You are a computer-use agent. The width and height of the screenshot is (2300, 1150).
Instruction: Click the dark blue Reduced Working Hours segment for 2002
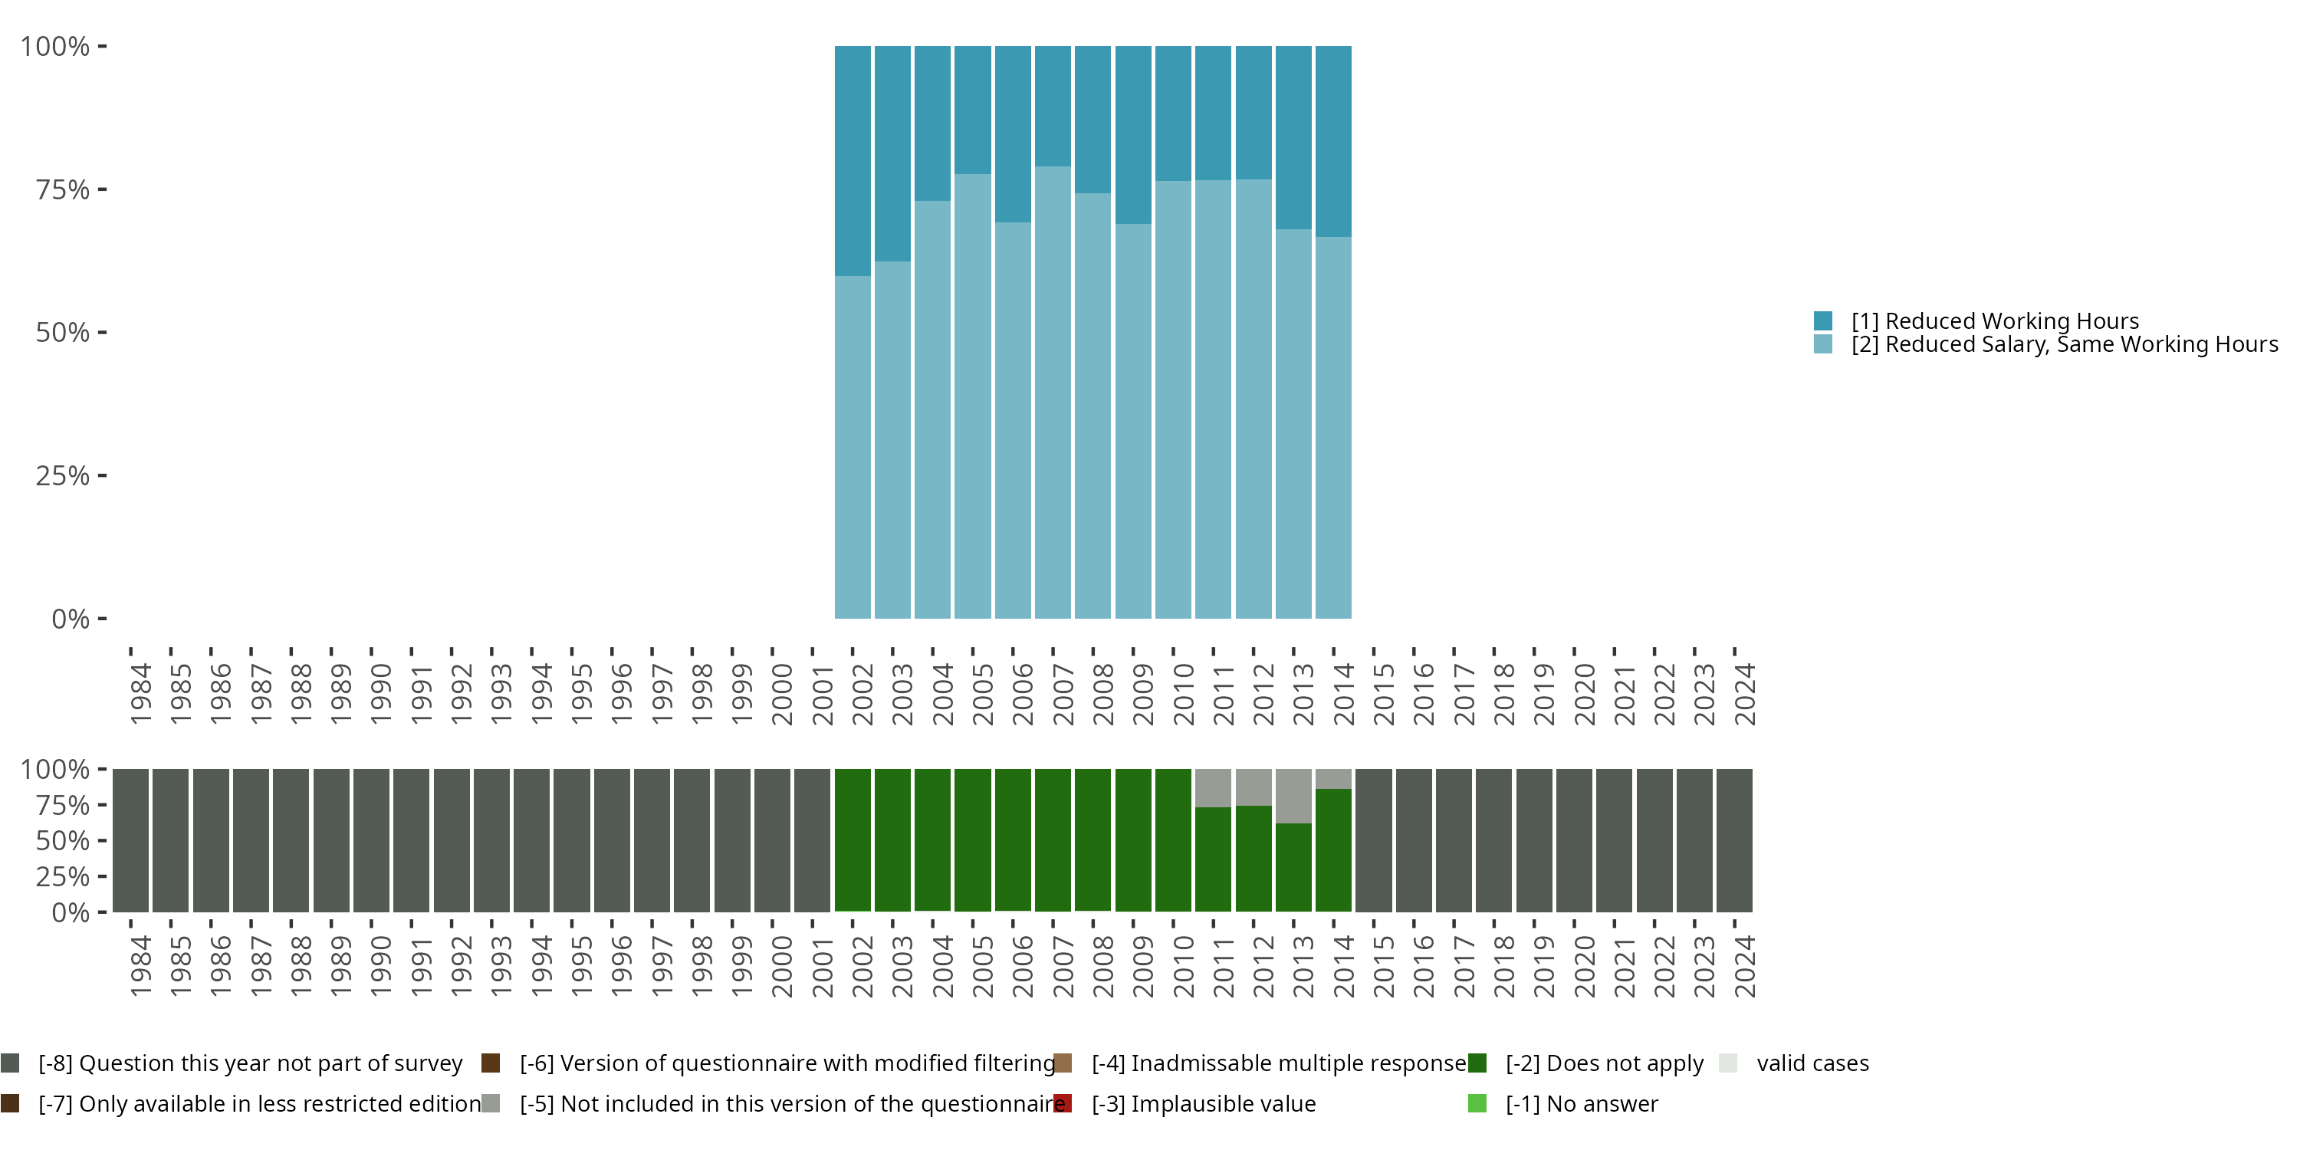(x=852, y=161)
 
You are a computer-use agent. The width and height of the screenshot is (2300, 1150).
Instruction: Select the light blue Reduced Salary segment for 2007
(x=1053, y=393)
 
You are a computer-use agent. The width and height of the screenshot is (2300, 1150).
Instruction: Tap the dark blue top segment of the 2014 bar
(x=1333, y=141)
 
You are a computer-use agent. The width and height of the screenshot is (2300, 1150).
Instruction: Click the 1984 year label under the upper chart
(x=140, y=694)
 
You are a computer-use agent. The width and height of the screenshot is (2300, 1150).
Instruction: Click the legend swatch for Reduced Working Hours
(x=1822, y=320)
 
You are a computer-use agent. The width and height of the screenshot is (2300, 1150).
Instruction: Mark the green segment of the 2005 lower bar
(x=972, y=839)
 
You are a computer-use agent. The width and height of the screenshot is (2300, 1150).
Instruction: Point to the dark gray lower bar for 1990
(x=371, y=839)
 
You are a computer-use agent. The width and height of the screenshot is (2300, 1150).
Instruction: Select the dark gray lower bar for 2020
(x=1574, y=839)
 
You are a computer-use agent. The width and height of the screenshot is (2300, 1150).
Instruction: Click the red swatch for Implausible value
(x=1063, y=1103)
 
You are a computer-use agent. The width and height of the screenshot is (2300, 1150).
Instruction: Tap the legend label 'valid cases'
(x=1812, y=1063)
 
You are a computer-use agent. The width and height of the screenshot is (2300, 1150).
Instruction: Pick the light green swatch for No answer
(x=1477, y=1103)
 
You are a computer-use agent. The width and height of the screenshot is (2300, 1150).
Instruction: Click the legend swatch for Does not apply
(x=1477, y=1063)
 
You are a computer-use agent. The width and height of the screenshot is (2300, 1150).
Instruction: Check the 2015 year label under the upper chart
(x=1383, y=694)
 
